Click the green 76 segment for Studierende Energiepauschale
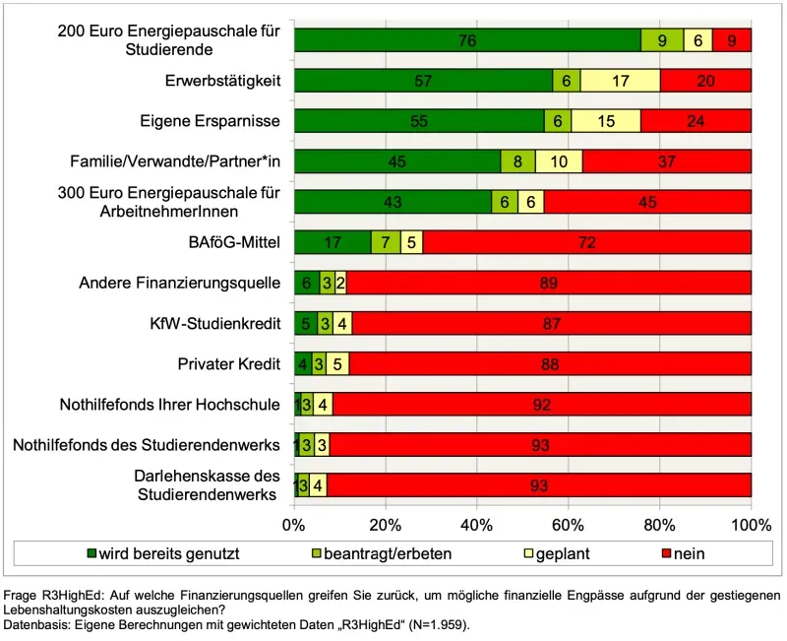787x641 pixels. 467,40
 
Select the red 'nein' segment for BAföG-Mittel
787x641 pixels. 586,242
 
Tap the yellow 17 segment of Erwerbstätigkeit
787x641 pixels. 620,81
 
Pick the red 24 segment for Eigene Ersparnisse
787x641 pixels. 696,121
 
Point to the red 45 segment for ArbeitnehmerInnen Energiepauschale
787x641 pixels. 647,202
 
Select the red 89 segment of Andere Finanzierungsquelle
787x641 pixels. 549,284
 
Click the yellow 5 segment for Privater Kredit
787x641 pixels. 337,363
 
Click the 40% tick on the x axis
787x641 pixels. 477,522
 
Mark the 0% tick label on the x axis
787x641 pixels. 294,522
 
